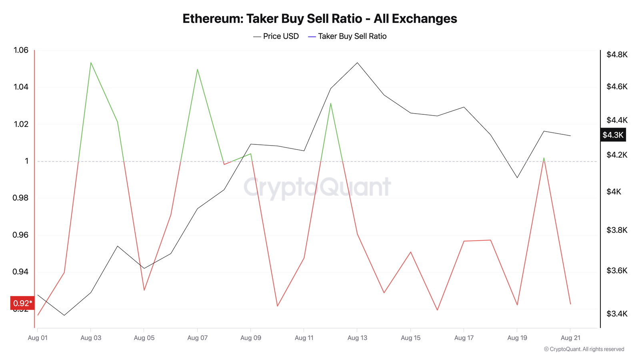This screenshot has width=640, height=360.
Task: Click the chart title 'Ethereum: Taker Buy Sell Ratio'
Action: pyautogui.click(x=320, y=19)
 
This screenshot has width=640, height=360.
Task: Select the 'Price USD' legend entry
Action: pyautogui.click(x=276, y=36)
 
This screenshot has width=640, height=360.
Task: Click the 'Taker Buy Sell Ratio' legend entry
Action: pyautogui.click(x=348, y=36)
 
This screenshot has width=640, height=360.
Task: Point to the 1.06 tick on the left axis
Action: pyautogui.click(x=21, y=50)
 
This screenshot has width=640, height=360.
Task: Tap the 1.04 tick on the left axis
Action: pyautogui.click(x=21, y=87)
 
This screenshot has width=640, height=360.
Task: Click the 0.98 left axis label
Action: pyautogui.click(x=21, y=198)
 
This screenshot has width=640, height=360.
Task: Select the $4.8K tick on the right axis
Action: pyautogui.click(x=617, y=55)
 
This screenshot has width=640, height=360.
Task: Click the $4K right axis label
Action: pyautogui.click(x=614, y=192)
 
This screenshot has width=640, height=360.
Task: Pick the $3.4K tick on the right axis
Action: pyautogui.click(x=617, y=314)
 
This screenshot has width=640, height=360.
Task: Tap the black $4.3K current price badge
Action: pyautogui.click(x=613, y=135)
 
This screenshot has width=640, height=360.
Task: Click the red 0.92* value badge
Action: pyautogui.click(x=22, y=303)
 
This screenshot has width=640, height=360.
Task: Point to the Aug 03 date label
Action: pyautogui.click(x=91, y=338)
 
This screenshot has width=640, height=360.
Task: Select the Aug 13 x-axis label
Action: pyautogui.click(x=357, y=338)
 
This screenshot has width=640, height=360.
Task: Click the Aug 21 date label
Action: pyautogui.click(x=570, y=338)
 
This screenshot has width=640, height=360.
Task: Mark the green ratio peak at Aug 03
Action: pyautogui.click(x=91, y=63)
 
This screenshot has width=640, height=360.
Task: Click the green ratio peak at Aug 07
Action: pyautogui.click(x=198, y=69)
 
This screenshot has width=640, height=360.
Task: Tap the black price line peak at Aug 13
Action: pyautogui.click(x=357, y=63)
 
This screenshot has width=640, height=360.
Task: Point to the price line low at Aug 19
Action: pyautogui.click(x=517, y=177)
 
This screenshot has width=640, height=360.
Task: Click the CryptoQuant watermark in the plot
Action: pyautogui.click(x=317, y=187)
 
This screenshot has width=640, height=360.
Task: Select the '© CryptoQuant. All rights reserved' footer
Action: pyautogui.click(x=584, y=349)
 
